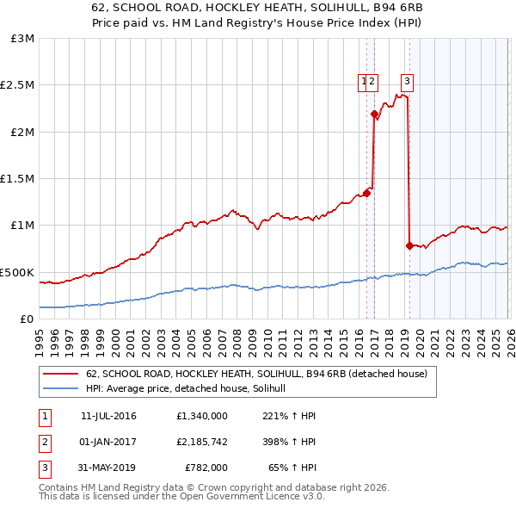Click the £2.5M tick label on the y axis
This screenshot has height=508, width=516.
(16, 85)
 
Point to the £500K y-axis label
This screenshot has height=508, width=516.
(17, 272)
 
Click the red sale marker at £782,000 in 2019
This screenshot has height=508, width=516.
(409, 245)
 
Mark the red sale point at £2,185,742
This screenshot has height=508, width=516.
(374, 114)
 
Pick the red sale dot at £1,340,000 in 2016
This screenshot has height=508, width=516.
(366, 193)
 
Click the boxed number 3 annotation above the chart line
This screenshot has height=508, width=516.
(407, 83)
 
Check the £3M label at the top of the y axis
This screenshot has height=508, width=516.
(23, 39)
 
